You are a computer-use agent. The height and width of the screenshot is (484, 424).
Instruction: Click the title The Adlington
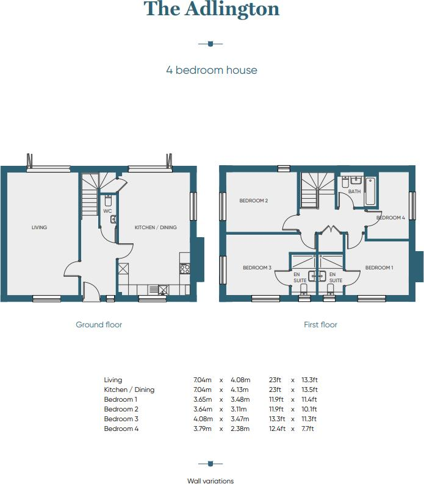[x=212, y=10]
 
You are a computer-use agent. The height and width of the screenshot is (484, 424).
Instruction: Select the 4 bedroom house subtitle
[x=212, y=70]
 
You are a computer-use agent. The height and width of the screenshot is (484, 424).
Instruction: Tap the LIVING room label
[x=39, y=227]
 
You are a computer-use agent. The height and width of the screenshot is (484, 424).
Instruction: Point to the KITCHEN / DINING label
[x=156, y=227]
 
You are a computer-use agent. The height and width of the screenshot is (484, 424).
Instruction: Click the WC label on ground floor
[x=107, y=211]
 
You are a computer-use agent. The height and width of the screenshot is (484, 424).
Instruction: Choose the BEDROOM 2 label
[x=254, y=201]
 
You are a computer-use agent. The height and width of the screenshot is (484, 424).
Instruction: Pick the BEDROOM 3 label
[x=257, y=268]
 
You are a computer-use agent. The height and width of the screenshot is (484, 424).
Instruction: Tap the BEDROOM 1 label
[x=379, y=268]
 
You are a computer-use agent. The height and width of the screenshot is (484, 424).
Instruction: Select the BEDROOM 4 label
[x=390, y=218]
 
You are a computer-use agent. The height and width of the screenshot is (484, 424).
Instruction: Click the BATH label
[x=354, y=191]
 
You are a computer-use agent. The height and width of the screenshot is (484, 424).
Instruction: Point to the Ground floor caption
[x=99, y=325]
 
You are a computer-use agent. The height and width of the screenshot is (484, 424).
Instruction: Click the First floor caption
[x=320, y=325]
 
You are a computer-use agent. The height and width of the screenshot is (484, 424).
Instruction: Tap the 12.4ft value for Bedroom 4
[x=278, y=429]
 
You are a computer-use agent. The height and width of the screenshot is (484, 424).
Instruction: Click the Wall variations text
[x=210, y=481]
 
